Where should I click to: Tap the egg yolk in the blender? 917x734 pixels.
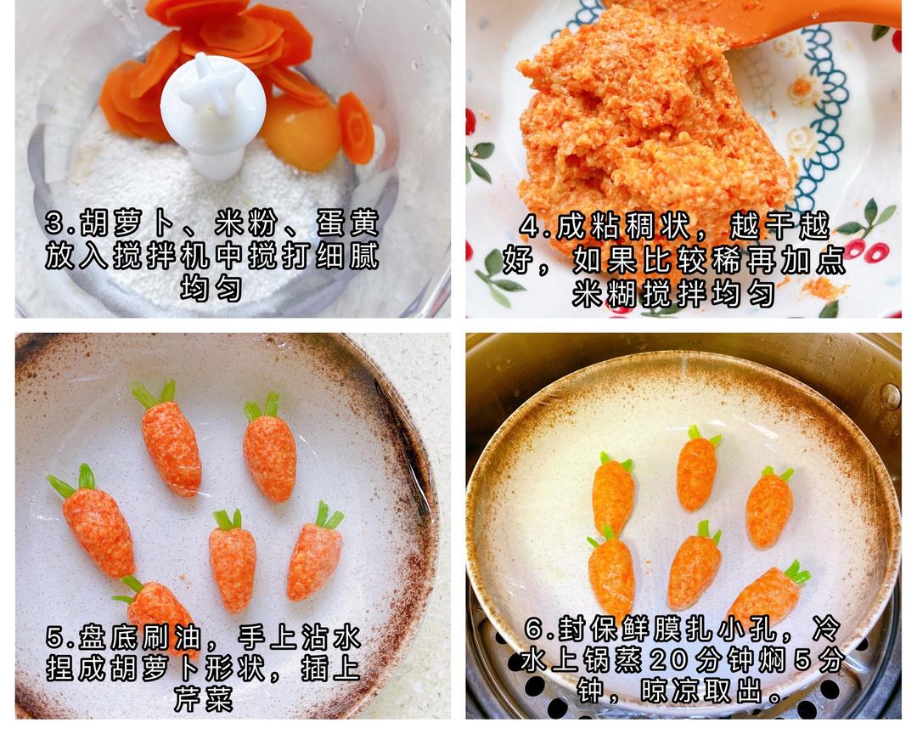point(301,134)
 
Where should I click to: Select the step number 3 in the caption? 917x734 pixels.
point(54,223)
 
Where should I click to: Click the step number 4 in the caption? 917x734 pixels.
point(529,227)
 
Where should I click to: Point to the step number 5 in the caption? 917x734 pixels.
point(54,637)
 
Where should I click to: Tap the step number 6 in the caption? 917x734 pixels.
point(533,630)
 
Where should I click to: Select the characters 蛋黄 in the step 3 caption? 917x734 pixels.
point(348,223)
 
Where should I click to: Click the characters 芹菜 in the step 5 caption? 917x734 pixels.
point(204,699)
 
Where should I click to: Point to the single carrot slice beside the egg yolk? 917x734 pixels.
point(356,128)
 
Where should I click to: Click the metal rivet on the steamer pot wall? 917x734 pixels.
point(890,397)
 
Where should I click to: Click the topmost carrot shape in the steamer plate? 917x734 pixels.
point(697,468)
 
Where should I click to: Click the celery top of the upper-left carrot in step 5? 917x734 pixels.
point(154,393)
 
